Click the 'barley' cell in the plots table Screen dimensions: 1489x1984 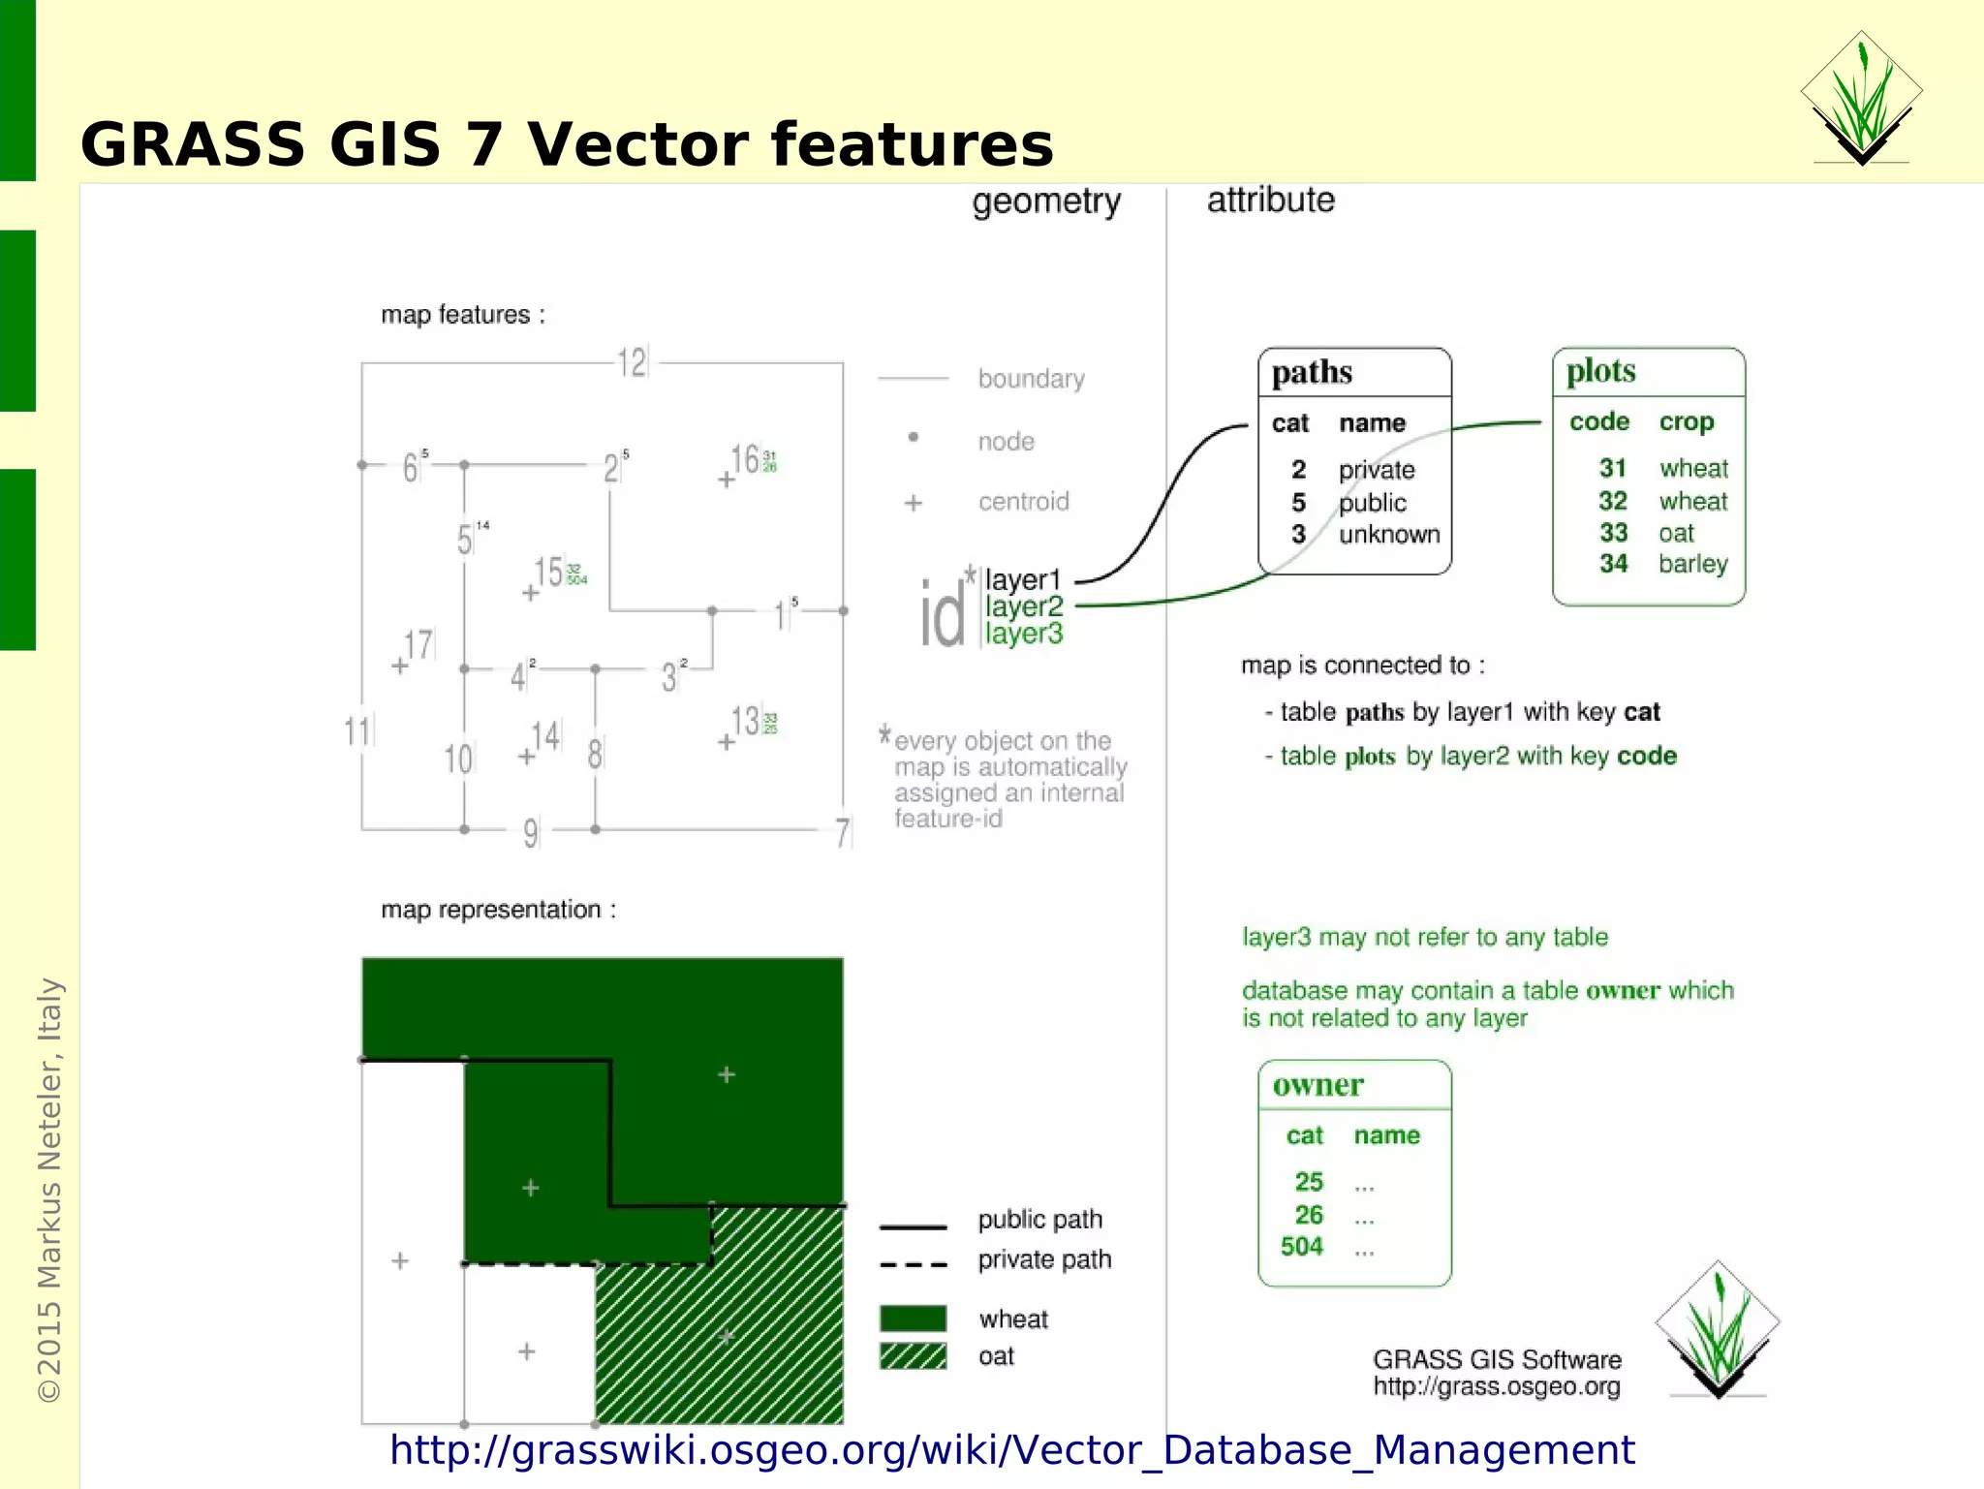point(1692,564)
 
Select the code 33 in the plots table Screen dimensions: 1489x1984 point(1613,533)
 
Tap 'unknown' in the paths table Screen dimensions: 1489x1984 point(1388,535)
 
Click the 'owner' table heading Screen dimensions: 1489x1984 point(1317,1085)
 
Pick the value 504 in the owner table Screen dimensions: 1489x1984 point(1301,1247)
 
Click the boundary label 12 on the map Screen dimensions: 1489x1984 point(632,363)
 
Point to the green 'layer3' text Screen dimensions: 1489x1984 point(1024,634)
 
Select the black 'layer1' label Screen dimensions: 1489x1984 point(1023,580)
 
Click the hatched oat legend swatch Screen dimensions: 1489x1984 point(913,1356)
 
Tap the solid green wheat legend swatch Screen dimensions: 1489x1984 point(913,1318)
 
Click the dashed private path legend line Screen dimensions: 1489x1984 point(913,1264)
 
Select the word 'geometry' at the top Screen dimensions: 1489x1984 point(1046,202)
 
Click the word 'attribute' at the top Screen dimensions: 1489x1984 point(1270,200)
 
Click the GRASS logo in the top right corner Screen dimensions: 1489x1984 point(1861,99)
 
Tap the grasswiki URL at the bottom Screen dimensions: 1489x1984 point(1011,1450)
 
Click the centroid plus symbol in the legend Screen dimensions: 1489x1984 point(913,503)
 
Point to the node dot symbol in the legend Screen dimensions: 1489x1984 point(913,437)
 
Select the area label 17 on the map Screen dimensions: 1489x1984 point(418,644)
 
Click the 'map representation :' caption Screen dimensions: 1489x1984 point(498,910)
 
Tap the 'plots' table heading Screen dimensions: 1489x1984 point(1600,371)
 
